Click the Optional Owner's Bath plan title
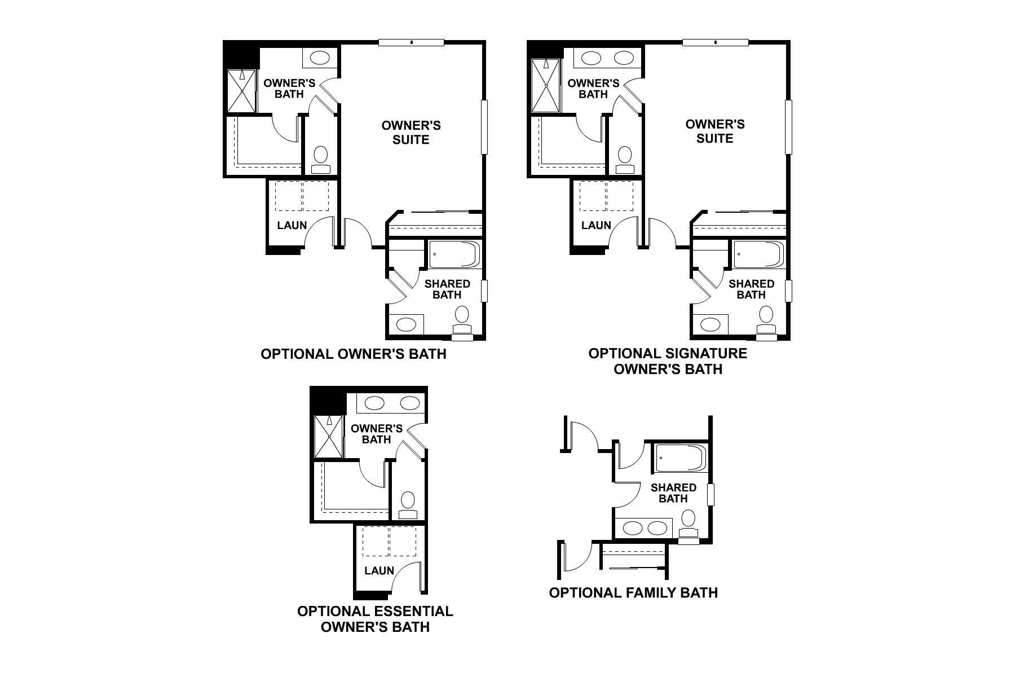[x=354, y=354]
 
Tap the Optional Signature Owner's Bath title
[x=668, y=361]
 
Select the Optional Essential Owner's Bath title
[x=375, y=619]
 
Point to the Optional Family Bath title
[x=633, y=592]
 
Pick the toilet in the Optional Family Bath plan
[x=688, y=522]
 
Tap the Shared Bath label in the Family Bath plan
[x=673, y=493]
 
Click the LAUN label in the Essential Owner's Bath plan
[x=379, y=570]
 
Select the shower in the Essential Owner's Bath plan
[x=328, y=437]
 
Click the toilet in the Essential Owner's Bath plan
[x=407, y=504]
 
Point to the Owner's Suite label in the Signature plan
[x=715, y=131]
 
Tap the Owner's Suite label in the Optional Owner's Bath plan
[x=411, y=132]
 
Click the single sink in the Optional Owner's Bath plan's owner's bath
[x=320, y=58]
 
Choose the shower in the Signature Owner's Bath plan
[x=546, y=86]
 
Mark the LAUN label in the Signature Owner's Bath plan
[x=596, y=225]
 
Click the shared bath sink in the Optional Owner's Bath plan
[x=406, y=324]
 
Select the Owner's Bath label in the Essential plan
[x=376, y=433]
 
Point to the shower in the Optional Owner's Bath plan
[x=241, y=91]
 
